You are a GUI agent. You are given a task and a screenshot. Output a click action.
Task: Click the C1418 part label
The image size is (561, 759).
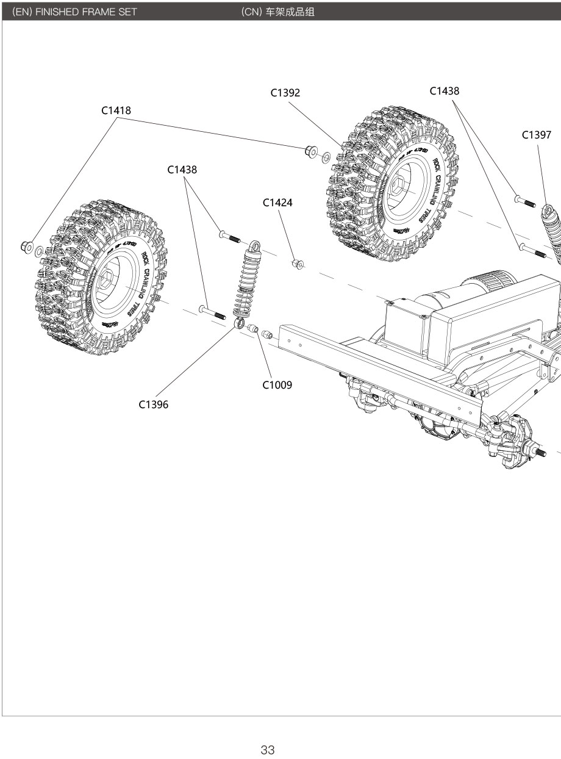(116, 110)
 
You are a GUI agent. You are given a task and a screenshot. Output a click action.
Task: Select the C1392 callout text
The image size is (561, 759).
(285, 93)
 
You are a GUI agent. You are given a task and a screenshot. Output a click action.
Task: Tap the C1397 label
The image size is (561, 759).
(537, 135)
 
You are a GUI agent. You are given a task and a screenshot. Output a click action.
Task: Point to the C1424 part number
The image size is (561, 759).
(277, 203)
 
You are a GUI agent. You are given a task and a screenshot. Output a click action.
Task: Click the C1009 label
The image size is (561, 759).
(277, 385)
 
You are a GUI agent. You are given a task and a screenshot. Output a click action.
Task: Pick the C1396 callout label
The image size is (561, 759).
(153, 405)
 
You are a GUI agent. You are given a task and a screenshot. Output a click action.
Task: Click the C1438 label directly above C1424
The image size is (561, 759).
(182, 170)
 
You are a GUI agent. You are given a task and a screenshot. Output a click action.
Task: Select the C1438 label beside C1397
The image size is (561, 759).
(445, 91)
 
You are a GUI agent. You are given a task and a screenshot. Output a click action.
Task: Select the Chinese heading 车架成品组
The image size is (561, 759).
(290, 11)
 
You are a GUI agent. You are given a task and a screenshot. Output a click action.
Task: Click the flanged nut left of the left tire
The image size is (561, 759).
(26, 246)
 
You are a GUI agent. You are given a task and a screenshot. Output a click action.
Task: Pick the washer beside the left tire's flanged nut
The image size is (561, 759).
(38, 250)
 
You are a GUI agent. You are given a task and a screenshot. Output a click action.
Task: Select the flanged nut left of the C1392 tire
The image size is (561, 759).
(310, 151)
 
